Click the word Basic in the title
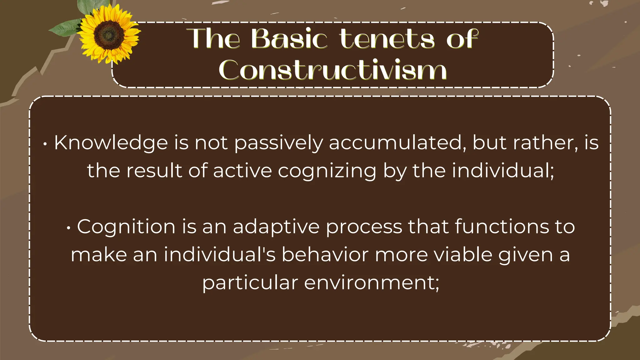tap(289, 39)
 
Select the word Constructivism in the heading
tap(332, 70)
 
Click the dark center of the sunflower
tap(109, 34)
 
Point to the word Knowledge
tap(111, 143)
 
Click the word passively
tap(278, 143)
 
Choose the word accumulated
tap(395, 143)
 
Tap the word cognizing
tap(327, 171)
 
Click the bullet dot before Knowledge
tap(46, 144)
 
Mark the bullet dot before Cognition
tap(68, 228)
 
